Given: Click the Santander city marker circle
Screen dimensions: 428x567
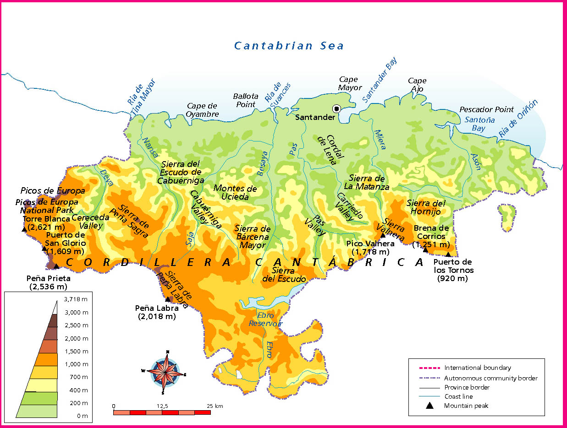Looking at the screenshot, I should pos(336,108).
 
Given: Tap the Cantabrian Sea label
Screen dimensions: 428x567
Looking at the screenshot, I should pos(289,46).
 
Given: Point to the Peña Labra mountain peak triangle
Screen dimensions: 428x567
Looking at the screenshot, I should pos(168,299).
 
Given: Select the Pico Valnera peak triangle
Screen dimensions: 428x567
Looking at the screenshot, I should pos(383,235).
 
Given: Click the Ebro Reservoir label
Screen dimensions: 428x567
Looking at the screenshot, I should pos(265,320).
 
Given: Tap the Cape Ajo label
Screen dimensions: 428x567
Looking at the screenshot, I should pos(417,85).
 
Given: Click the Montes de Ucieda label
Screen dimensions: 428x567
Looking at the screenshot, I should pos(235,193).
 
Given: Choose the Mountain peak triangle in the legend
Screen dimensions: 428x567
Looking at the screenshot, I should pos(429,406).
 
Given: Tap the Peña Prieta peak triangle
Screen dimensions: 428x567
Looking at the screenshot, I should pos(56,266).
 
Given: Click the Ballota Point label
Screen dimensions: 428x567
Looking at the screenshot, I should pos(246,100).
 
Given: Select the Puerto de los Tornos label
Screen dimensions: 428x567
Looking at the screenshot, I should pos(452,270).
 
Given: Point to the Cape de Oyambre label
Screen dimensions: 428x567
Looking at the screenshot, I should pos(203,110).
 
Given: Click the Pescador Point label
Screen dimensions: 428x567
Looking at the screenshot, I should pos(487,110).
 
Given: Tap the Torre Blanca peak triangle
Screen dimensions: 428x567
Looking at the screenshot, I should pos(24,229).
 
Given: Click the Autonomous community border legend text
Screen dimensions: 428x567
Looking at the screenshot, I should pos(490,378).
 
